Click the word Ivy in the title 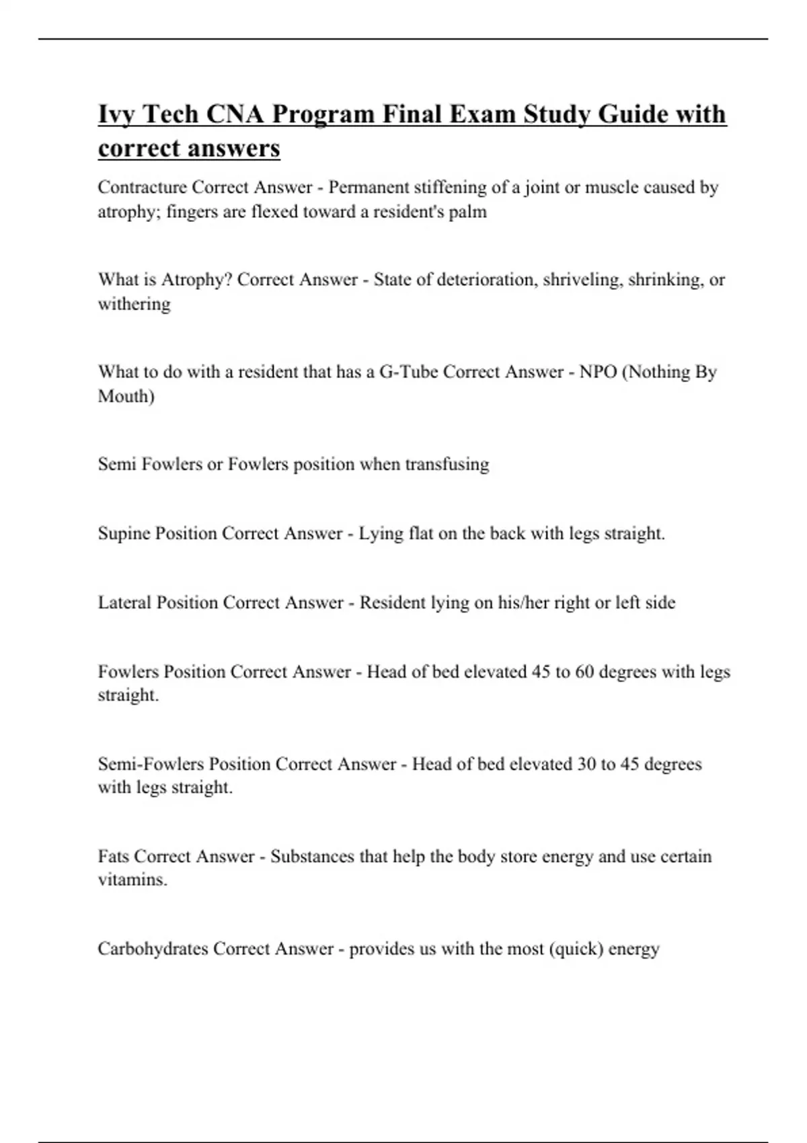click(116, 115)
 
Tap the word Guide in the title click(633, 115)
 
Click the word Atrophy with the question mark click(196, 279)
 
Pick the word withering click(134, 304)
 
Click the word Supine click(124, 533)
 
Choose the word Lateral click(124, 602)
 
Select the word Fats click(113, 857)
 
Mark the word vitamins click(132, 880)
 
